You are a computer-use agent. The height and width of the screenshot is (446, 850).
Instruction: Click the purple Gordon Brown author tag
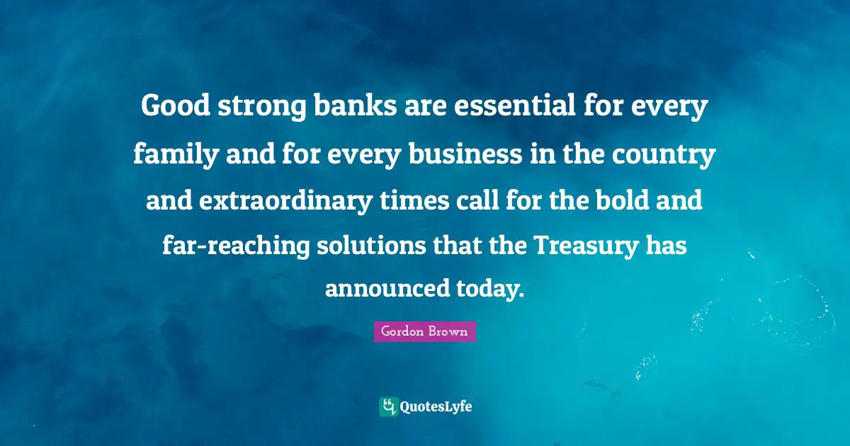click(424, 331)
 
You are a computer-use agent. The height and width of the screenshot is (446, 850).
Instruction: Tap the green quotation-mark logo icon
click(388, 406)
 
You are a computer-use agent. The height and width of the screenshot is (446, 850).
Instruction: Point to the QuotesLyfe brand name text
click(436, 406)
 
